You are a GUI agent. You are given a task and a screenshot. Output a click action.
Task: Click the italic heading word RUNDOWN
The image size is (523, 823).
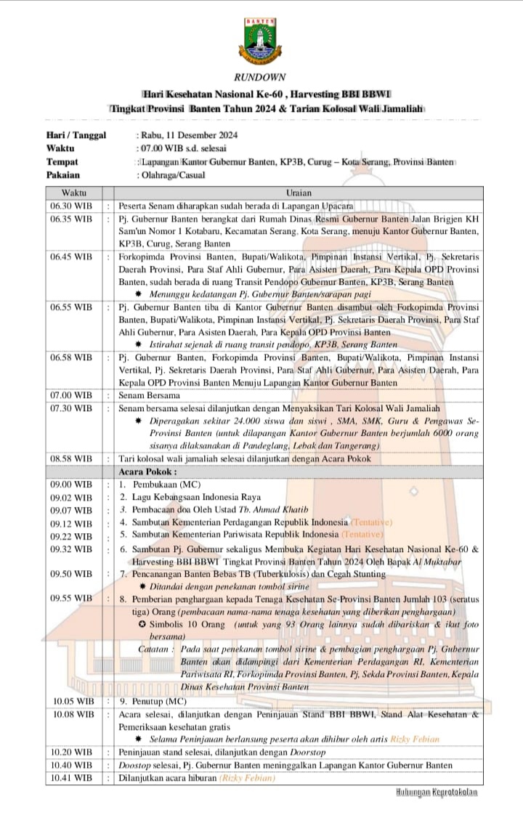pos(260,77)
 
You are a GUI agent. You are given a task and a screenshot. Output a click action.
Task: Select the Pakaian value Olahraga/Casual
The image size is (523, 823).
pos(171,175)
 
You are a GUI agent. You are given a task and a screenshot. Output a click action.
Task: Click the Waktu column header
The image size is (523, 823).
pos(74,192)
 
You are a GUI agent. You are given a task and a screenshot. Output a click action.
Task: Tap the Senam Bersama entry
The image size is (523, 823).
pos(149,396)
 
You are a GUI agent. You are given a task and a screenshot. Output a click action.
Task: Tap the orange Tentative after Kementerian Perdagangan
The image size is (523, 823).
pos(371,522)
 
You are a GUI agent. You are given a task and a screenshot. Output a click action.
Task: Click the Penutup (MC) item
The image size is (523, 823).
pos(153,701)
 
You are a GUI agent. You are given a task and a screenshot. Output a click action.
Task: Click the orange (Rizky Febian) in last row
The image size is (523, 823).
pos(247,778)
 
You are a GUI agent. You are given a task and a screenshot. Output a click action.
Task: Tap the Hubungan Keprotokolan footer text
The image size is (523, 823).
pos(437,792)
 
